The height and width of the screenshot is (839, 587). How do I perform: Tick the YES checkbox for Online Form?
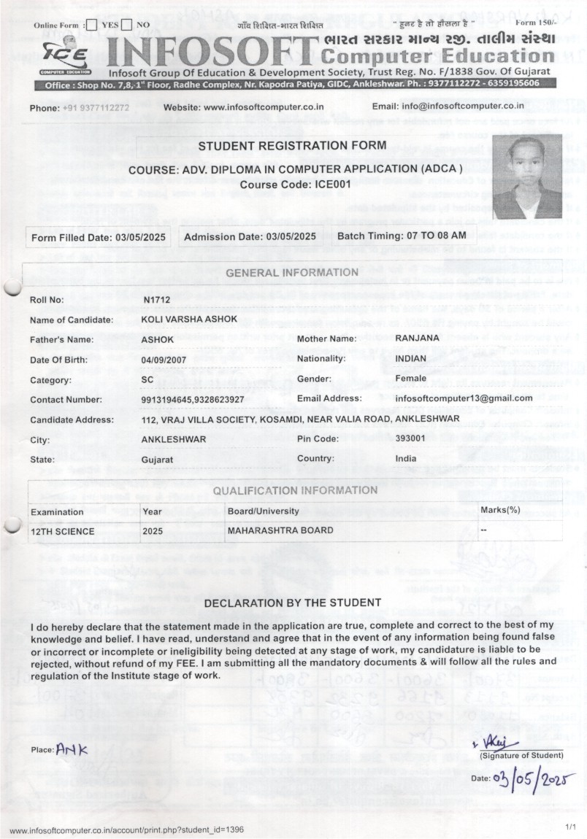click(x=91, y=26)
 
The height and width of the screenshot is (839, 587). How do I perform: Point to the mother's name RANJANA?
click(x=417, y=339)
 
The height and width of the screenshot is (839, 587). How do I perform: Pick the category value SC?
click(x=147, y=379)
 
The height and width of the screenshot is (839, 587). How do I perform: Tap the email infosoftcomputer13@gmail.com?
click(x=464, y=398)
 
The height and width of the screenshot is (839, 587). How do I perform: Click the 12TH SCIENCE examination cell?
click(x=62, y=531)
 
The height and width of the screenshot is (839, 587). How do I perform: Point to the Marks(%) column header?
click(x=500, y=509)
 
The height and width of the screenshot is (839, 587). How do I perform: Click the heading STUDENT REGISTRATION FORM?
click(x=292, y=146)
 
